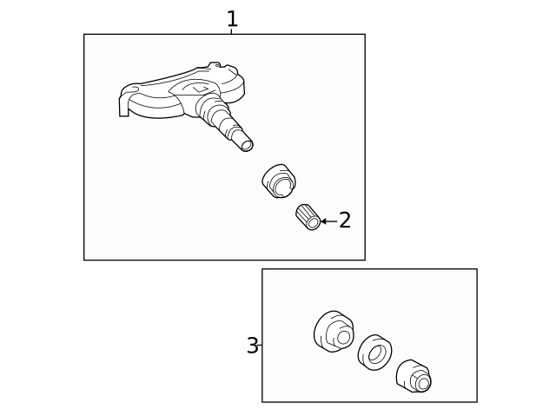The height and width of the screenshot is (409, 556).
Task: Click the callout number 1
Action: pos(232,19)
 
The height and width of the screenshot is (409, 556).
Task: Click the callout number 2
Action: pos(345,220)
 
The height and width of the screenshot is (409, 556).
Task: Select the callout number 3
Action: pos(253,346)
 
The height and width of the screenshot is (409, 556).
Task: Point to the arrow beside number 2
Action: pos(328,221)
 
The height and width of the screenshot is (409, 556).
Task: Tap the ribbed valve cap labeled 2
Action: pos(308,217)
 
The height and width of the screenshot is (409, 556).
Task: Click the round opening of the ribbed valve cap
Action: pos(314,223)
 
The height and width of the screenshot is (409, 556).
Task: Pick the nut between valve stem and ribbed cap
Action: pos(280,181)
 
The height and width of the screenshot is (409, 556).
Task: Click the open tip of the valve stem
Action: pos(247,145)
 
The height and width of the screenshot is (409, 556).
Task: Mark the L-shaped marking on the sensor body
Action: pos(201,89)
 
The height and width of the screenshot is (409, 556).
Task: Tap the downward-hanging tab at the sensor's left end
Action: pos(123,106)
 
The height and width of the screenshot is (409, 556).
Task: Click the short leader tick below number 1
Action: pos(231,31)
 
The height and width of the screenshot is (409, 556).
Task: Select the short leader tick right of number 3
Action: pos(260,345)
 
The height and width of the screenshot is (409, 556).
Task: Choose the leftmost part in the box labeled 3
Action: pos(334,332)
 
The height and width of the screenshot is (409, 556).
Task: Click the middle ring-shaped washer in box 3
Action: pos(374,353)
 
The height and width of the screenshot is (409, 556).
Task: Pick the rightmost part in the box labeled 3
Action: pos(414,376)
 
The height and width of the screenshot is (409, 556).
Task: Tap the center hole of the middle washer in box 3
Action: pos(374,354)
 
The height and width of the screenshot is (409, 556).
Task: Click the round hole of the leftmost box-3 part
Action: pos(343,337)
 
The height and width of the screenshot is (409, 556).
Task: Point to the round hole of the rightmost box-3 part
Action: pos(423,383)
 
